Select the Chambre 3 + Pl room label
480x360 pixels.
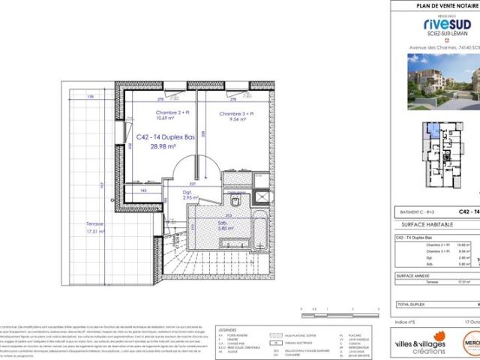pos(235,113)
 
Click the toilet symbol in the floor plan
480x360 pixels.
pos(235,203)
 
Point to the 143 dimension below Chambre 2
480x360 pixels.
pos(143,190)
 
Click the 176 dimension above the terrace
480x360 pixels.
pos(89,97)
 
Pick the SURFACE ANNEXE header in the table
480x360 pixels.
pos(413,276)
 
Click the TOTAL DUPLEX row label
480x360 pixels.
pos(413,305)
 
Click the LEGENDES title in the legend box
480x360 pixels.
pos(226,328)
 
